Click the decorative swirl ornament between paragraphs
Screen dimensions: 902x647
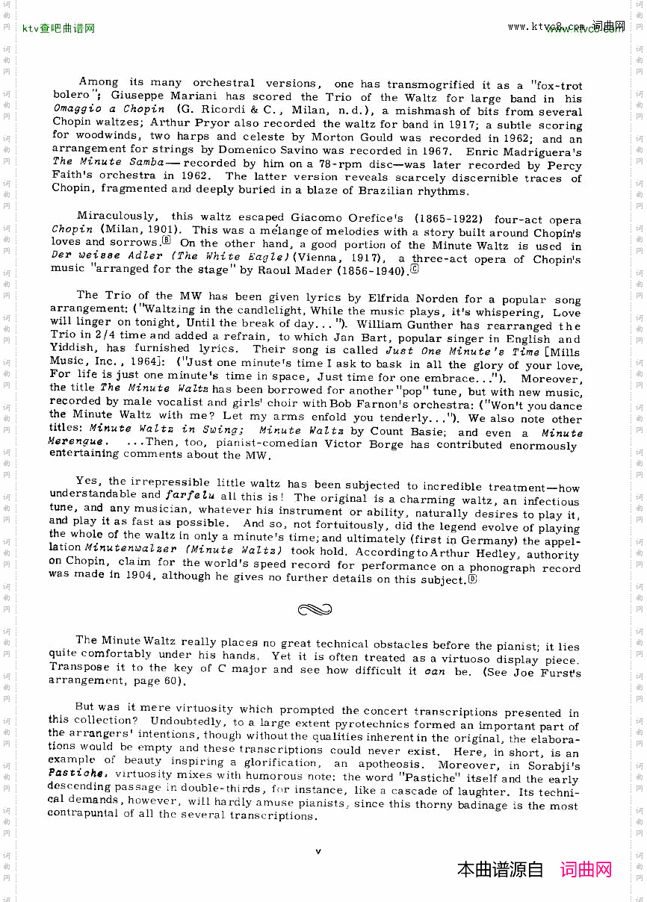click(x=315, y=610)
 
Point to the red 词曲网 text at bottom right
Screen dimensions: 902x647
click(x=586, y=869)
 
